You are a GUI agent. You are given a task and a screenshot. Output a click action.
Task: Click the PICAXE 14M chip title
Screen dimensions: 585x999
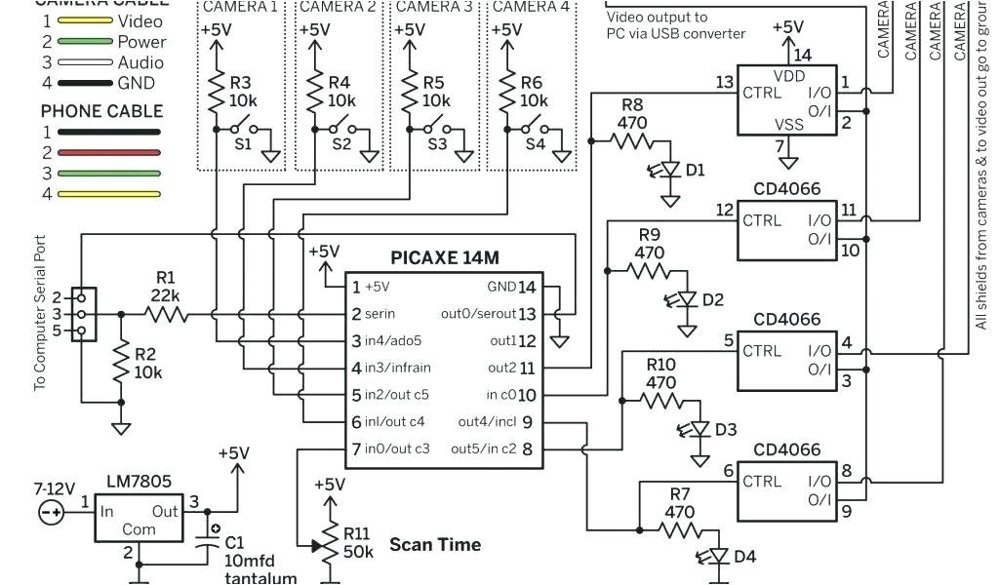pyautogui.click(x=444, y=259)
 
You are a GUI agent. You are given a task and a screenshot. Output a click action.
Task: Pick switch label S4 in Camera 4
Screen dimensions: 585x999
pyautogui.click(x=536, y=143)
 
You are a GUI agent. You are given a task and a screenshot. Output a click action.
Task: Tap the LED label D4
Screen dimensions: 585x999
pyautogui.click(x=744, y=557)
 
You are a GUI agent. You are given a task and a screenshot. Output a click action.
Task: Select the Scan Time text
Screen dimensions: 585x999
pyautogui.click(x=435, y=544)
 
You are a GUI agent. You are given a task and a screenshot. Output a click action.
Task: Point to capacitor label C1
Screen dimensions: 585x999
pyautogui.click(x=235, y=542)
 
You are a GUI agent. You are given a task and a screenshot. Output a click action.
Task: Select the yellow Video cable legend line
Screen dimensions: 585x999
pyautogui.click(x=85, y=20)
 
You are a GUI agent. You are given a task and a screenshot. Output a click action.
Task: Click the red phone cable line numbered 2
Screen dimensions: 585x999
pyautogui.click(x=107, y=152)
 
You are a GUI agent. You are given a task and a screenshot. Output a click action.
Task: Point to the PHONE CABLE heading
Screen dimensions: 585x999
pyautogui.click(x=101, y=110)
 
